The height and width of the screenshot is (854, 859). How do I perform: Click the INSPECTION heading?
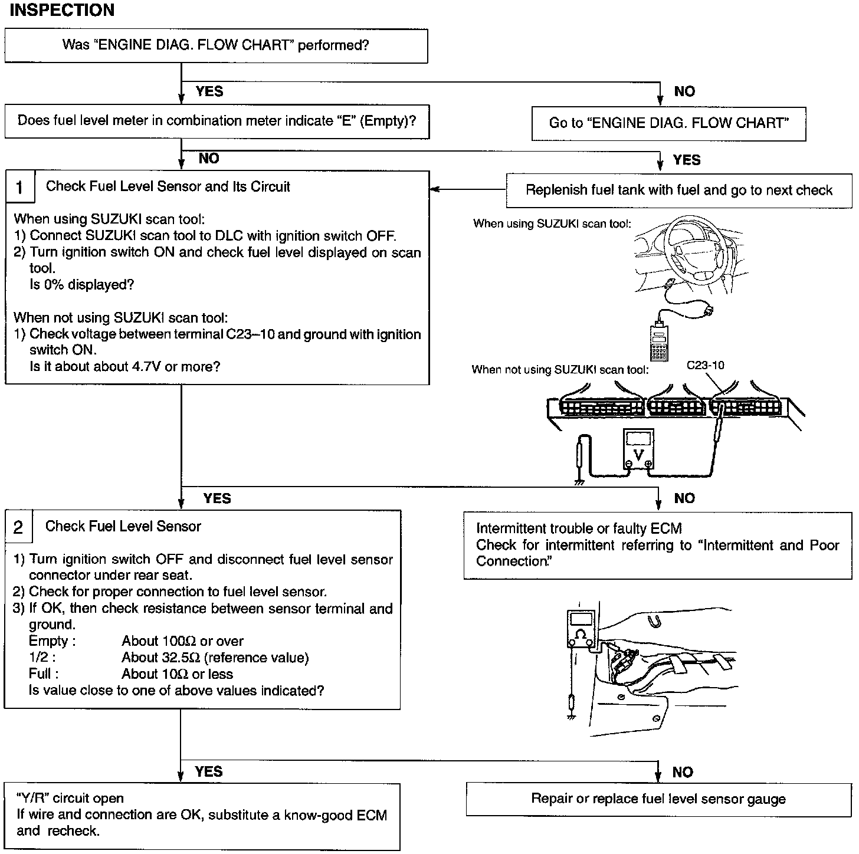[62, 10]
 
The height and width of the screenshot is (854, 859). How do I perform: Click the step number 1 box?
[20, 187]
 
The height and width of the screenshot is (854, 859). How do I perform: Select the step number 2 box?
[18, 527]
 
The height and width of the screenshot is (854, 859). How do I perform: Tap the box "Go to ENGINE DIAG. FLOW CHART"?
[668, 123]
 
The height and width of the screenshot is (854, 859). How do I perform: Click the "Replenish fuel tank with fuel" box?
[678, 190]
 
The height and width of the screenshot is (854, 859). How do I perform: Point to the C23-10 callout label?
[705, 365]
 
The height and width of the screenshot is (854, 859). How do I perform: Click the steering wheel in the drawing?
[696, 254]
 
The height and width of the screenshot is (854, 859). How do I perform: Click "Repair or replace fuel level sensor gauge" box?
[658, 799]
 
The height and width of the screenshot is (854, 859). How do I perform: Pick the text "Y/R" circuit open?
[70, 799]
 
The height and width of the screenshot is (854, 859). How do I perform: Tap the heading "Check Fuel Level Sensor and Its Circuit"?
[168, 187]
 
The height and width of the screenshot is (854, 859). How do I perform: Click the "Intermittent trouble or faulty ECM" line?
[579, 528]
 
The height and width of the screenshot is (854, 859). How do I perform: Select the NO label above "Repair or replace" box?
[683, 772]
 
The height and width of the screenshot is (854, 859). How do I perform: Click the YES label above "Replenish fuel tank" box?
[687, 160]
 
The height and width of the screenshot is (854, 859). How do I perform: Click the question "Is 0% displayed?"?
[82, 285]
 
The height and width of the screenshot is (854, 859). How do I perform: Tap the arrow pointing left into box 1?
[435, 189]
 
